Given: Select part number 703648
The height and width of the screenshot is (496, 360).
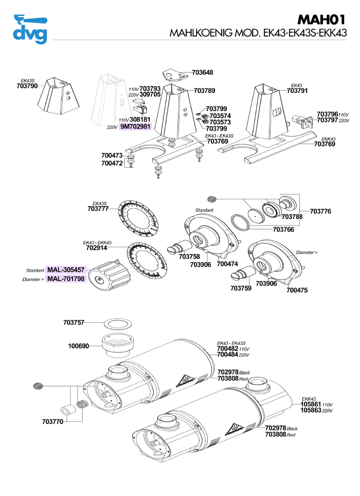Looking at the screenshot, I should coord(202,73).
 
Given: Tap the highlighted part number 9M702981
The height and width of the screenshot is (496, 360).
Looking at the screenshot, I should coord(135,126).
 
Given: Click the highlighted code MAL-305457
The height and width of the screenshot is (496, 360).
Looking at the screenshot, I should coord(66,270).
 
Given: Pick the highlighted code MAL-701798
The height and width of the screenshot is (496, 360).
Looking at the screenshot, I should coord(66,279).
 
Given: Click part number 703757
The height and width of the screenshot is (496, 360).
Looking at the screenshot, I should coord(74,322).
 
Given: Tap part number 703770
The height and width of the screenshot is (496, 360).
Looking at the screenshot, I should coord(52,421).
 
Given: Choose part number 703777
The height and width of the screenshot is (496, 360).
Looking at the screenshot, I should coord(98,209).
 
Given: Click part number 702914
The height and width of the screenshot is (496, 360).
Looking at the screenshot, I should coord(97,247).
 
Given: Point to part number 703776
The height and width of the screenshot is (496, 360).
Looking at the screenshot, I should coord(320,211).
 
